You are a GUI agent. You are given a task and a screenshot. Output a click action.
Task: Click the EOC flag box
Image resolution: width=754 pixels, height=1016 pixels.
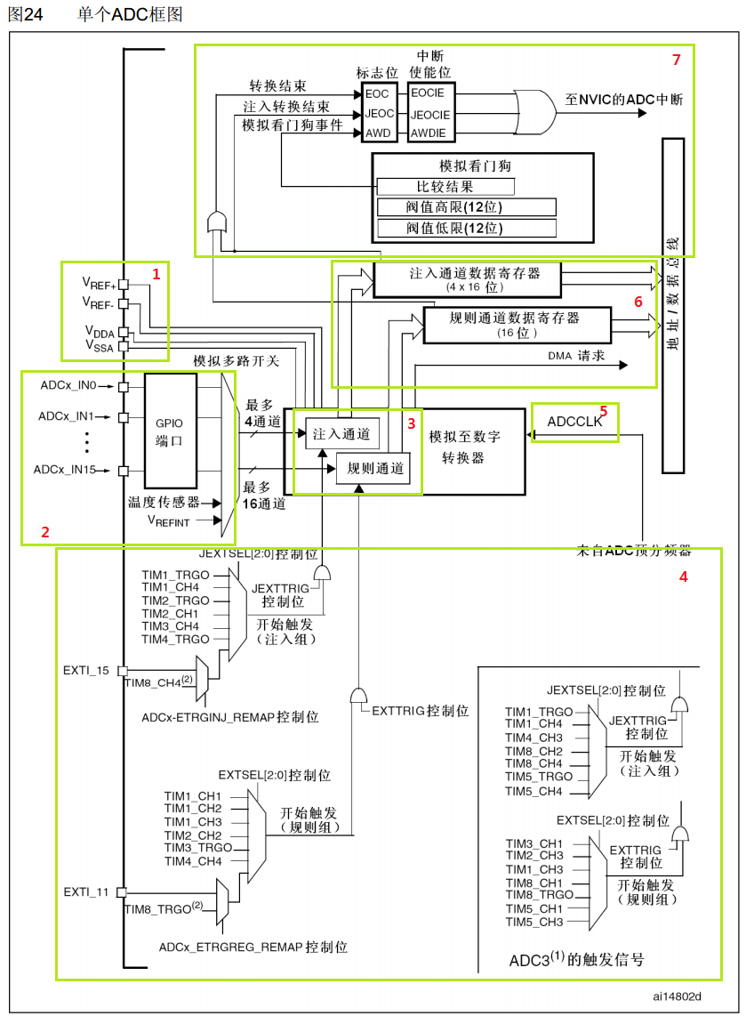click(x=377, y=93)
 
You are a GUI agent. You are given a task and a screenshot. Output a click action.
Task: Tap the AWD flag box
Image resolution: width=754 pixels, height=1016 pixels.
click(x=377, y=133)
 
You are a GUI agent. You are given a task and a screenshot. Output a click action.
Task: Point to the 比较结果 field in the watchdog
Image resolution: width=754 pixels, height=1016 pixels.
click(x=445, y=187)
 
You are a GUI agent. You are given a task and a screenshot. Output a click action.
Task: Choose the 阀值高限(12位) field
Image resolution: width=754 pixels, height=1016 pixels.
click(x=466, y=207)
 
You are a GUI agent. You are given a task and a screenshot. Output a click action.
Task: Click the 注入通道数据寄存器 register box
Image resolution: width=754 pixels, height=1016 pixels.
click(x=468, y=279)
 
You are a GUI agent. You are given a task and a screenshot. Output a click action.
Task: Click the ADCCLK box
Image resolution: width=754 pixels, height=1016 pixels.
click(x=574, y=423)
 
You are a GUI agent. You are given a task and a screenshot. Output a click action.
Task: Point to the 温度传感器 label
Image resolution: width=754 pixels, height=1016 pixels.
click(x=164, y=502)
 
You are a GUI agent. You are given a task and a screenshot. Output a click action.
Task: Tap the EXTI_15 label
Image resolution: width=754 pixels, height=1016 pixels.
click(x=86, y=670)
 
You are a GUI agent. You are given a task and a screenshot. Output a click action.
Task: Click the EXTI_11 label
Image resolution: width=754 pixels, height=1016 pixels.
click(x=86, y=891)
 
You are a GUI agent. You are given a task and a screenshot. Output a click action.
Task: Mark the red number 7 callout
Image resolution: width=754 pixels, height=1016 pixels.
click(x=676, y=60)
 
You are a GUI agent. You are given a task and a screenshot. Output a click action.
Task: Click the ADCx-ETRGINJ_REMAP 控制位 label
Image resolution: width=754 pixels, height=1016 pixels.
click(x=229, y=716)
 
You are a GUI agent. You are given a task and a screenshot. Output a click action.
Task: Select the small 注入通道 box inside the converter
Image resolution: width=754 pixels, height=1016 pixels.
click(x=341, y=434)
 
